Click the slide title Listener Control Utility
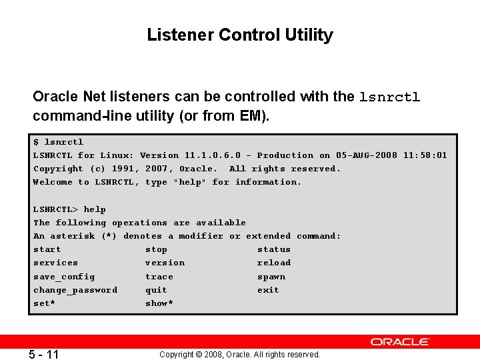[x=240, y=35]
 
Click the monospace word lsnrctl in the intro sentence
[x=390, y=97]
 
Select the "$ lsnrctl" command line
[x=59, y=142]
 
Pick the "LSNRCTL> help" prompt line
[x=70, y=209]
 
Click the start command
[x=47, y=249]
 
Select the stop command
[x=157, y=249]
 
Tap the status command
[x=274, y=249]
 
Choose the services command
[x=56, y=263]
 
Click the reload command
[x=274, y=263]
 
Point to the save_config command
[x=65, y=277]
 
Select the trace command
[x=159, y=277]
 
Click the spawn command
[x=271, y=277]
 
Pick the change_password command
[x=75, y=290]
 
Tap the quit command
[x=157, y=290]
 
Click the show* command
[x=159, y=303]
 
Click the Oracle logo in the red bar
[x=400, y=341]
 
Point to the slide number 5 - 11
[x=44, y=354]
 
